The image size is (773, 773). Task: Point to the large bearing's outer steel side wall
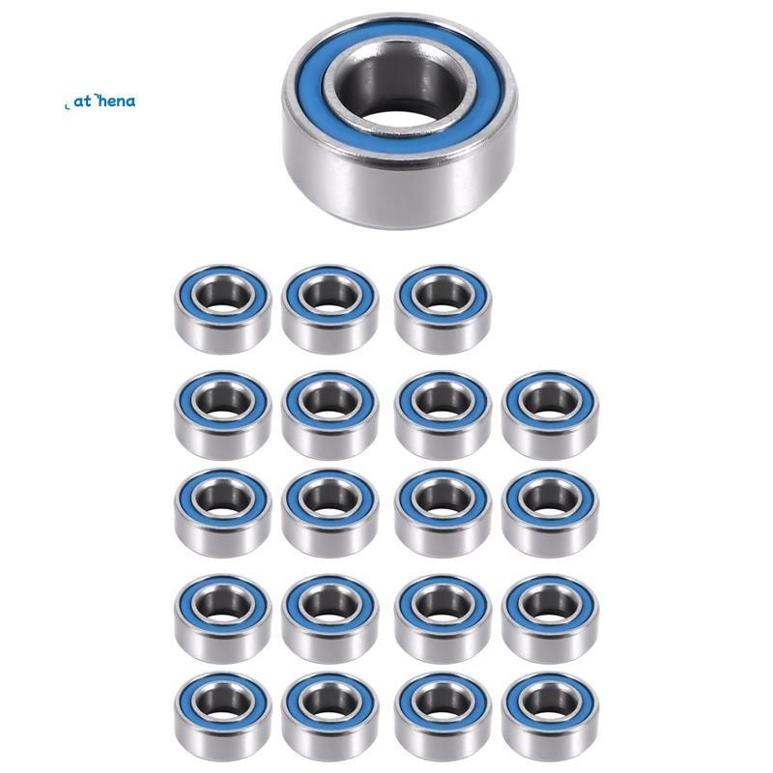point(396,193)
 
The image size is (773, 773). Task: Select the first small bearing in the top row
point(223,307)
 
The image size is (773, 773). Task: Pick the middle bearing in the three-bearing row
point(329,307)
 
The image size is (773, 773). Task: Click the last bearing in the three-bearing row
point(443,307)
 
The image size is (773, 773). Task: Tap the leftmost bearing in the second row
point(223,414)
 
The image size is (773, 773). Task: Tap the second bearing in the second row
point(329,414)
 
